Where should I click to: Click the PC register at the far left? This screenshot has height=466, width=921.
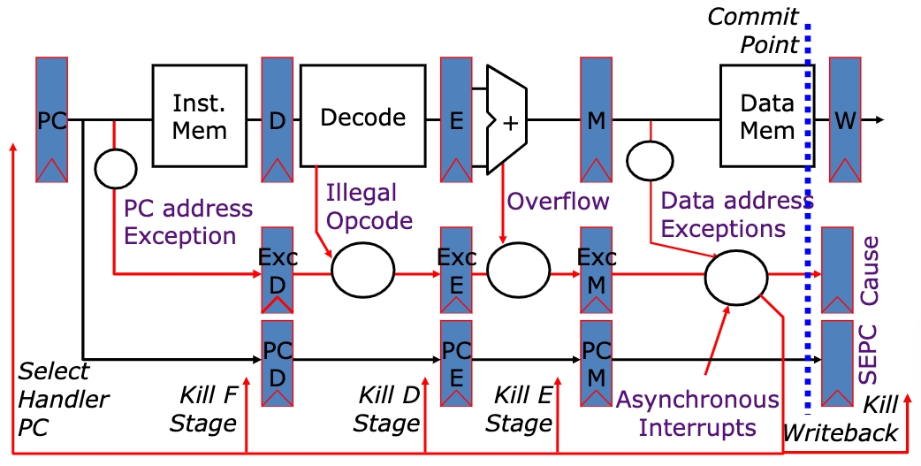click(x=52, y=119)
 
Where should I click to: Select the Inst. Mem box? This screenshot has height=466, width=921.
click(x=199, y=115)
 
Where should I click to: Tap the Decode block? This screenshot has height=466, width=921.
click(x=362, y=117)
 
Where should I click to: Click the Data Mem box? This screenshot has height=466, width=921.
click(x=765, y=115)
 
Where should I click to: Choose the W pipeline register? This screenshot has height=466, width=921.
click(x=844, y=119)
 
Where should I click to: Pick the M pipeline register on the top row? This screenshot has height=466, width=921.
click(x=596, y=119)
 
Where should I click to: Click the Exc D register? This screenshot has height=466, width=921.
click(x=278, y=270)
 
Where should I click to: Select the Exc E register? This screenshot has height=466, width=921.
click(x=456, y=270)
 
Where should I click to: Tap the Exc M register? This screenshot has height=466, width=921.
click(x=596, y=270)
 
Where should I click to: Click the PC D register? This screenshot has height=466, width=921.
click(x=278, y=363)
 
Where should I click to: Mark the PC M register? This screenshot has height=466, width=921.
click(x=596, y=363)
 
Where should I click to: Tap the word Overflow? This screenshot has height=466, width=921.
click(x=558, y=201)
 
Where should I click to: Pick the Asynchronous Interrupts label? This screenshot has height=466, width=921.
click(x=697, y=413)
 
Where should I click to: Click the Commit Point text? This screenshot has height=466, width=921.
click(x=753, y=29)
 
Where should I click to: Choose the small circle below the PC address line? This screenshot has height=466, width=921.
click(x=115, y=168)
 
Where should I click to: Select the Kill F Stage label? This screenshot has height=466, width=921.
click(x=204, y=409)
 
